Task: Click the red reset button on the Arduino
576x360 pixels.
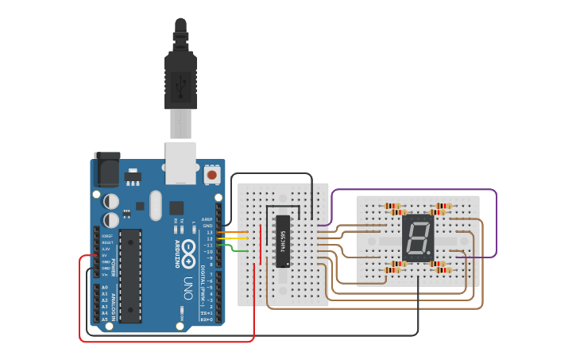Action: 212,173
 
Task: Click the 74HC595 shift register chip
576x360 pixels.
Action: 283,240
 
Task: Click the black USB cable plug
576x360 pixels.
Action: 180,79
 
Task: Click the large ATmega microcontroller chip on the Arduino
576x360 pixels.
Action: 130,275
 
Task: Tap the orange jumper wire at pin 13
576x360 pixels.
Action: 235,233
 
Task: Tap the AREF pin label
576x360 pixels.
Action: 208,219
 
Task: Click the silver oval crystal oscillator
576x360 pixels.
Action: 155,204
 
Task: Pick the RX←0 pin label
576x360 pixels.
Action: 207,319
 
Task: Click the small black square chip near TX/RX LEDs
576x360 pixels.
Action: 176,207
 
